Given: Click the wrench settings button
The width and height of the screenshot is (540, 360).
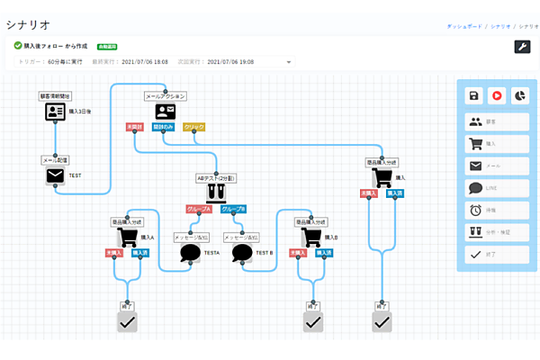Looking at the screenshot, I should (x=522, y=48).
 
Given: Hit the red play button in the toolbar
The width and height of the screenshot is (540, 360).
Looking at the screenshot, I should (x=496, y=95).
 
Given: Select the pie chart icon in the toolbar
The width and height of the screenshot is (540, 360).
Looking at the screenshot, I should (x=518, y=95).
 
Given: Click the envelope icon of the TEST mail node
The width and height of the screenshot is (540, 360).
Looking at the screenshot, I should (x=56, y=175).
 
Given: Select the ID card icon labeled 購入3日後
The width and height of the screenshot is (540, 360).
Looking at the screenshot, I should (x=56, y=112).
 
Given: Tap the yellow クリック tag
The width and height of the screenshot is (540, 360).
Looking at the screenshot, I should (x=193, y=127).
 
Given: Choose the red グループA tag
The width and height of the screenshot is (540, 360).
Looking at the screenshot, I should (x=199, y=209).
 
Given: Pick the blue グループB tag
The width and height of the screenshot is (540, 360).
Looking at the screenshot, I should (x=232, y=209).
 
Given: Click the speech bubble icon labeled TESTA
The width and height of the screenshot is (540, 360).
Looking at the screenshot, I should (x=190, y=253).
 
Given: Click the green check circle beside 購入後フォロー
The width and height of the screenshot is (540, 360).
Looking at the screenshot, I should (x=18, y=45).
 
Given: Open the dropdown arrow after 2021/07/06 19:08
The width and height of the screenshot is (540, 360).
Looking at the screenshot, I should (x=289, y=62).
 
